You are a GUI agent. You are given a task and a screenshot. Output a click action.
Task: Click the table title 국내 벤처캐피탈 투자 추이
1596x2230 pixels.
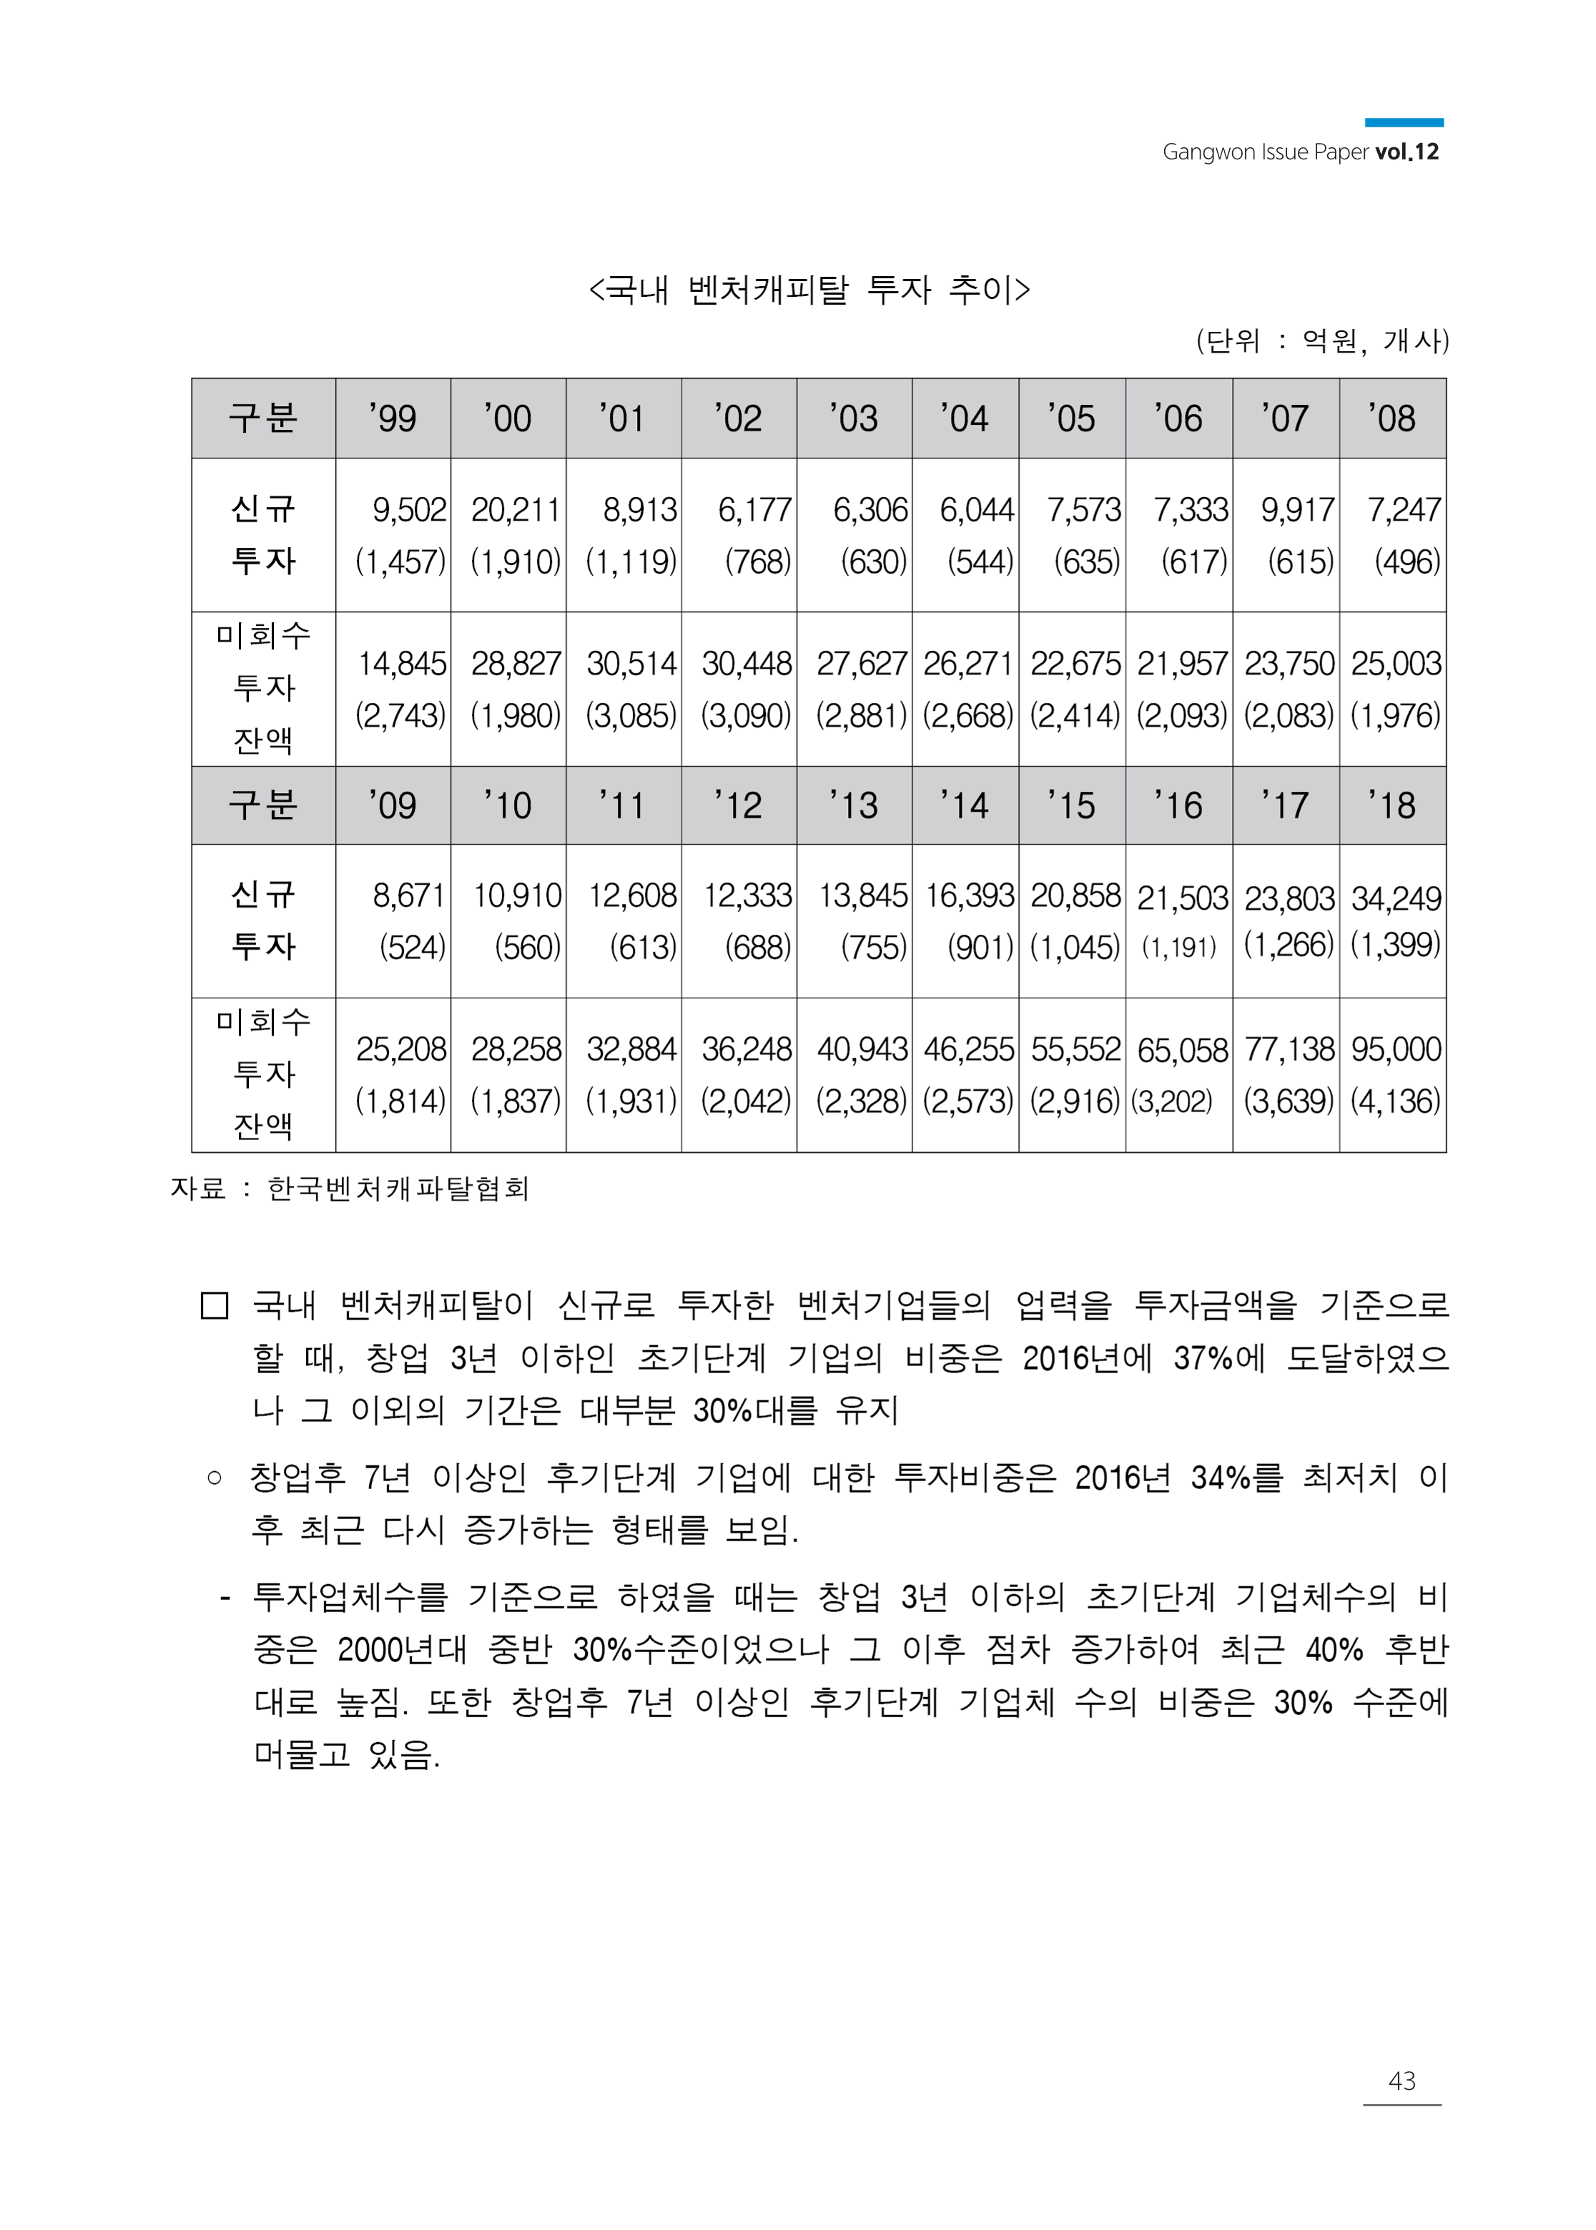809,290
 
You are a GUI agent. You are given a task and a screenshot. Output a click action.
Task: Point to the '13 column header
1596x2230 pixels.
853,806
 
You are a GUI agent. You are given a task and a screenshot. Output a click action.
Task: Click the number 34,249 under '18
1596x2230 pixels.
1396,898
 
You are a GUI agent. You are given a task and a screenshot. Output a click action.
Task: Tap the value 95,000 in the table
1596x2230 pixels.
1396,1050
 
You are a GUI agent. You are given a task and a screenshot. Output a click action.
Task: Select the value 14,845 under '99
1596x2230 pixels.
401,664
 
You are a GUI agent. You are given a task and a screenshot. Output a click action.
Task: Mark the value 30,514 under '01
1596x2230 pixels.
631,664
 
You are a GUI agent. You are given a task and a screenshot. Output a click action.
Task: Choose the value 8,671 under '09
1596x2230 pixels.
408,896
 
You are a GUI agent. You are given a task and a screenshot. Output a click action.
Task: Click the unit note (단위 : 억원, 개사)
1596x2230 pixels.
1322,342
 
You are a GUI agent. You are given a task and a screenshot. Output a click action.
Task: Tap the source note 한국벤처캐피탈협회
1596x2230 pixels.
398,1189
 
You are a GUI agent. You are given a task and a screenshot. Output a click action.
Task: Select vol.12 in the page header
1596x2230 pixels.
1407,152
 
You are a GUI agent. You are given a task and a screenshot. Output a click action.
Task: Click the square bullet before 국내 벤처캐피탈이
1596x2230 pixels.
215,1305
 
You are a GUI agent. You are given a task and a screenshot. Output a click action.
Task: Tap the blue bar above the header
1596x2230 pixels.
1404,123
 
